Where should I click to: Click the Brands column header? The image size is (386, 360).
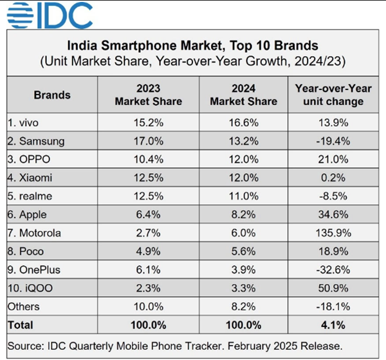coord(52,95)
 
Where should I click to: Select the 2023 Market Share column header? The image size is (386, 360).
coord(148,95)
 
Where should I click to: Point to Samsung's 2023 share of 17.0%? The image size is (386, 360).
coord(148,140)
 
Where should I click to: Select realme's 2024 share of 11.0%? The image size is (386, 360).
coord(243,195)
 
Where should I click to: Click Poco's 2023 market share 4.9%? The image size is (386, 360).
coord(148,250)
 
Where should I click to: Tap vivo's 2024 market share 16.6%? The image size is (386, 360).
coord(243,122)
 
